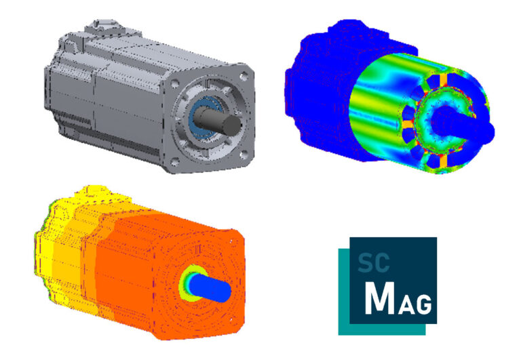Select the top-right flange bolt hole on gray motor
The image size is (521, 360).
point(243,71)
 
